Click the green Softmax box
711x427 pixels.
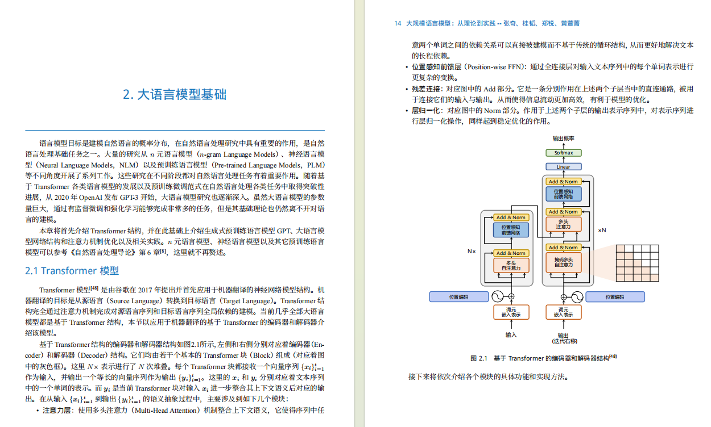[x=564, y=153]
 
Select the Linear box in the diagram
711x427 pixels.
[x=564, y=167]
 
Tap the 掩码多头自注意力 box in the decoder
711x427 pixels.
[x=564, y=262]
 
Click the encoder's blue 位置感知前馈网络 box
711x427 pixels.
[x=510, y=230]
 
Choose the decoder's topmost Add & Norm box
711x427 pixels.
[x=564, y=182]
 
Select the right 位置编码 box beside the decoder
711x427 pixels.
[x=615, y=296]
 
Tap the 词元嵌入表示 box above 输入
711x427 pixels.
[x=510, y=312]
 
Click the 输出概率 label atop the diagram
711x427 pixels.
[x=564, y=139]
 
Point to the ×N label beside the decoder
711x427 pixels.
[x=602, y=231]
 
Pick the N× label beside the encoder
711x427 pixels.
[x=471, y=251]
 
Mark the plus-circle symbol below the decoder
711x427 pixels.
[x=564, y=296]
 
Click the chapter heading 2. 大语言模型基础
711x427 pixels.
[x=175, y=94]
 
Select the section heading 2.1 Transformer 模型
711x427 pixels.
[x=72, y=271]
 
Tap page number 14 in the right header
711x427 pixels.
[x=398, y=24]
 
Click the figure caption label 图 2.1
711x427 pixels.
[x=479, y=358]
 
